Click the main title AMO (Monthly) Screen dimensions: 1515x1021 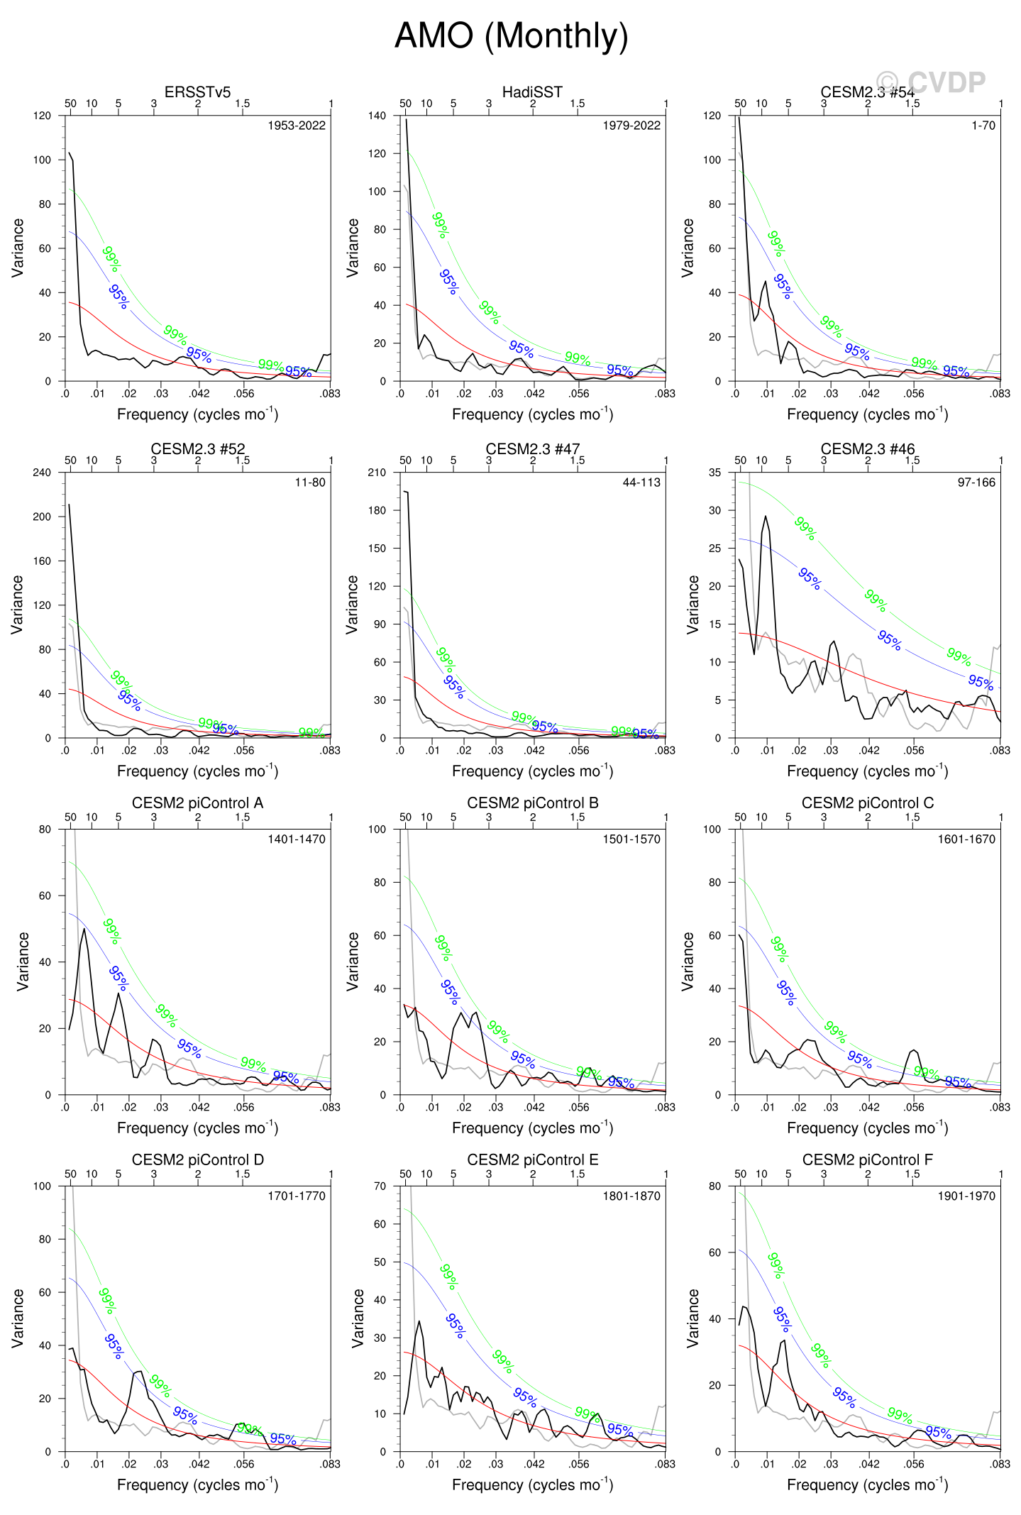511,35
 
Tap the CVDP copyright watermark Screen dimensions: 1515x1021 930,82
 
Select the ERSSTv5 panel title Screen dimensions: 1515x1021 197,92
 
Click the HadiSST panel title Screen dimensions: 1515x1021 532,92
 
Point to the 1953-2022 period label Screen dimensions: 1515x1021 296,126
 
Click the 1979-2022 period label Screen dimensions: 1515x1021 631,126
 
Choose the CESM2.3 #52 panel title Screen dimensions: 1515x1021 197,448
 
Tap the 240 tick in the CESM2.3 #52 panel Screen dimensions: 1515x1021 42,473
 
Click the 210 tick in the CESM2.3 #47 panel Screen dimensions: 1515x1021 377,473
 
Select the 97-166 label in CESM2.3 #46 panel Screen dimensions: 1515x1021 976,483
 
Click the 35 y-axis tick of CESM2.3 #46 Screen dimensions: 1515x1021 714,473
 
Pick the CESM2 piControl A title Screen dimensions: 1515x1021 197,803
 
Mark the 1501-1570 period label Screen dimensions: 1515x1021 631,839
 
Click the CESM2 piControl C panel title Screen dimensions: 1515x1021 867,803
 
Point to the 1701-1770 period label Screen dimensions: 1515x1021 296,1196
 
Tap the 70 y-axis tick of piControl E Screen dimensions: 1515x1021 380,1186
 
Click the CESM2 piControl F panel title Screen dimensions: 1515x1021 867,1159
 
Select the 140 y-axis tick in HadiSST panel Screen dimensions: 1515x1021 377,116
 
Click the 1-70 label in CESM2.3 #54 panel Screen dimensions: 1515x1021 983,126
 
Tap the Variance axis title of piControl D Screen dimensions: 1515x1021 18,1318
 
